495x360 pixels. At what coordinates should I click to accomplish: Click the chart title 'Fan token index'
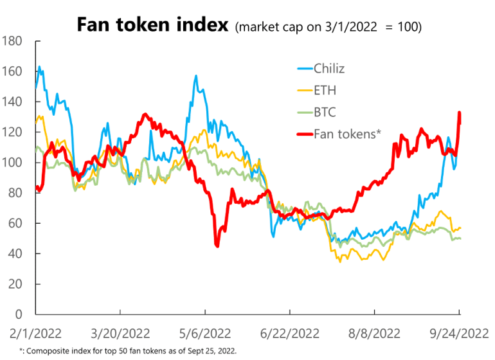click(152, 25)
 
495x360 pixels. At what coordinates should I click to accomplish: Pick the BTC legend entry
click(325, 113)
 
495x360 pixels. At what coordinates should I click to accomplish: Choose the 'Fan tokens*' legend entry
click(348, 134)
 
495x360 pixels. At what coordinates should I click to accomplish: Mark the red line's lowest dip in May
click(217, 245)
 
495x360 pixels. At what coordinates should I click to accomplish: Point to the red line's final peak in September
click(459, 113)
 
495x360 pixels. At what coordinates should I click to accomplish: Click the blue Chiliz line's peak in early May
click(195, 76)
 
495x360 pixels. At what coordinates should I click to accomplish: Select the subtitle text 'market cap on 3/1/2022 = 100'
click(329, 28)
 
